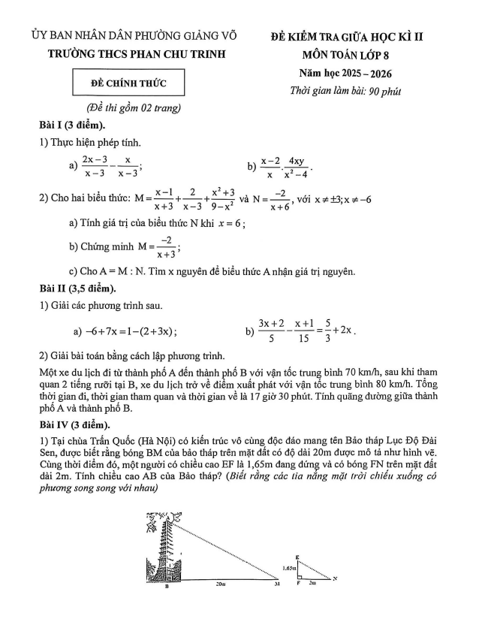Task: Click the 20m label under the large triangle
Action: [220, 583]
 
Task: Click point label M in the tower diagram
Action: [276, 583]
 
